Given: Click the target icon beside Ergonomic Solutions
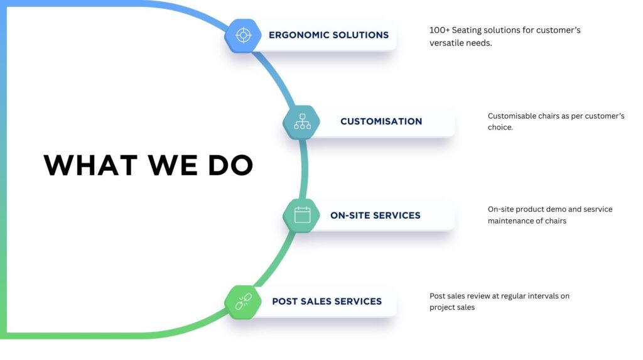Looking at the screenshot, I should click(243, 35).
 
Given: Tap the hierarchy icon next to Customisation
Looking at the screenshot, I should click(302, 121).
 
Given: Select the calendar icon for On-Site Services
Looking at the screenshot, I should click(302, 215).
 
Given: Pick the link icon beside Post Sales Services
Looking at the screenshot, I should click(243, 302).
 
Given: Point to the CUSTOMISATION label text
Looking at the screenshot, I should click(381, 121).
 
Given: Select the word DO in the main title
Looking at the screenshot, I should click(230, 165).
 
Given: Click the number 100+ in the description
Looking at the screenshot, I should click(440, 30).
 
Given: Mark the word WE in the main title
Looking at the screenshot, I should click(168, 165).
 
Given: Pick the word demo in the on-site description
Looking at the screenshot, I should click(559, 209).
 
